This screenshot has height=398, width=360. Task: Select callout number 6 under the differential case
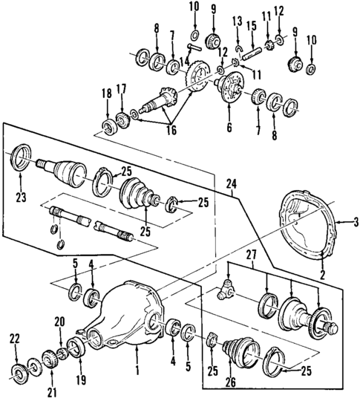(229, 127)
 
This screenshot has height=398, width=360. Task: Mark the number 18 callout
(107, 93)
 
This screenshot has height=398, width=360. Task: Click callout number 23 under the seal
(17, 197)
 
